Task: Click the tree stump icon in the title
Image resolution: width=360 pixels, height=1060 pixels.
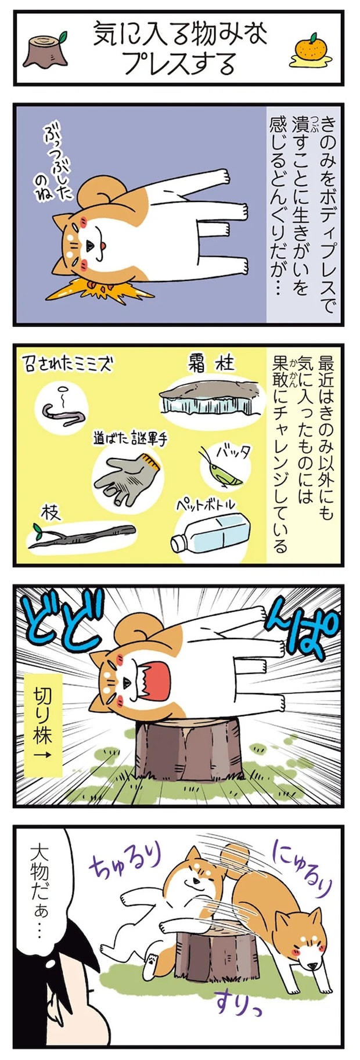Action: [46, 51]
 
